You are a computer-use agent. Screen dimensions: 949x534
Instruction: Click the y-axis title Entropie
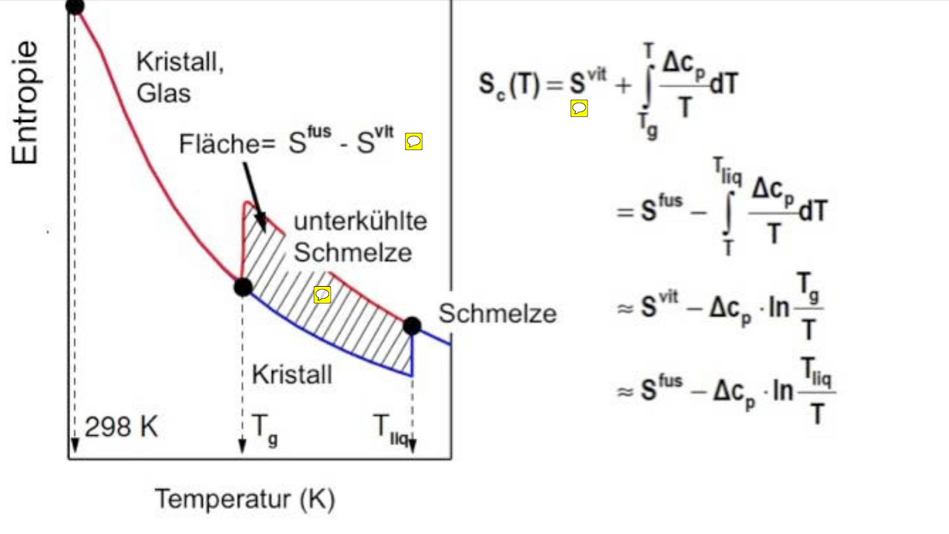click(x=25, y=102)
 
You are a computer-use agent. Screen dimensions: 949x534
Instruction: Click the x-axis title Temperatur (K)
click(x=245, y=499)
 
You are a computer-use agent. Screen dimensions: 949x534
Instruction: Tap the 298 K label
click(x=121, y=426)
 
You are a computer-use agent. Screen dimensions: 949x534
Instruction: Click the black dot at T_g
click(x=243, y=287)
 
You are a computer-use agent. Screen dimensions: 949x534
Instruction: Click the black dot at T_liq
click(x=412, y=326)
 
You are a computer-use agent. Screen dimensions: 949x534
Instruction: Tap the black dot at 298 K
click(x=75, y=6)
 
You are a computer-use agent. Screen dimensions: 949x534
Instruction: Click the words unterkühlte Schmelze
click(x=361, y=237)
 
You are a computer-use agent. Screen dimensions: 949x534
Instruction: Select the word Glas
click(x=163, y=93)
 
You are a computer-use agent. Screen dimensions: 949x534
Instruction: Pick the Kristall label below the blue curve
click(x=292, y=374)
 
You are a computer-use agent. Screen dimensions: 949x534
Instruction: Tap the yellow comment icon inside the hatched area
click(x=323, y=294)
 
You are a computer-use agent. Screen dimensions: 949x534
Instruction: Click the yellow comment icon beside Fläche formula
click(x=413, y=141)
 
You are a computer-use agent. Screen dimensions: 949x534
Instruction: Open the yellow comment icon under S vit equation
click(x=579, y=108)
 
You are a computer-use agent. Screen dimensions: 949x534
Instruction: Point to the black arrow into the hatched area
click(x=254, y=198)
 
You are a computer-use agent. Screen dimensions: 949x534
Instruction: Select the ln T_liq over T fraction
click(x=804, y=391)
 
